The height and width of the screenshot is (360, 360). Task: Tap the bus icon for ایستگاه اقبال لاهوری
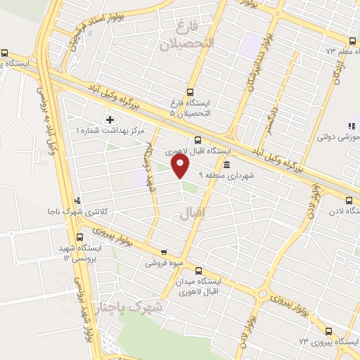tap(198, 140)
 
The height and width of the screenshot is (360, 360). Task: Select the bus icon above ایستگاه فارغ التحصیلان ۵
tap(190, 92)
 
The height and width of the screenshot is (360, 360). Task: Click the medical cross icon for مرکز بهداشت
tap(109, 120)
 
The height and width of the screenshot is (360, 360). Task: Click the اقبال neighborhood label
tap(193, 210)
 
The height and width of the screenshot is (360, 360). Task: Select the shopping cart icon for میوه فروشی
tap(164, 252)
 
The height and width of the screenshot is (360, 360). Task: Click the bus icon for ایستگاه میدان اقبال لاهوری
tap(198, 271)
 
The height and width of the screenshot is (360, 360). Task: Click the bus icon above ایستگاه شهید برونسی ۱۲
tap(79, 238)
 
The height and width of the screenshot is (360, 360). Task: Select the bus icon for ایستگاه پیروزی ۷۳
tap(328, 331)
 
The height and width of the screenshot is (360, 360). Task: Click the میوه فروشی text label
tap(162, 264)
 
